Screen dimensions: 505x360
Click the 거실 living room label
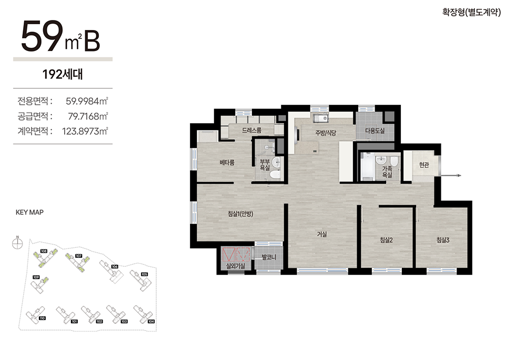click(x=322, y=234)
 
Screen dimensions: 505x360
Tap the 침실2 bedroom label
click(x=386, y=240)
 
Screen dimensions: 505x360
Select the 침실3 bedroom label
click(x=443, y=240)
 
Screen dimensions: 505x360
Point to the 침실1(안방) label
click(x=240, y=214)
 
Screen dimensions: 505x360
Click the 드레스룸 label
click(x=251, y=131)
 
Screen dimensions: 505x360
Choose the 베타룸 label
click(x=227, y=163)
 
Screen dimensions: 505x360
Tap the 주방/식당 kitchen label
click(x=326, y=133)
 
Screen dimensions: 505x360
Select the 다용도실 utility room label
click(x=375, y=131)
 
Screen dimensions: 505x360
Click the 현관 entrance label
click(x=424, y=165)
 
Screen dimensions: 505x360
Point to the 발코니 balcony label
click(x=269, y=257)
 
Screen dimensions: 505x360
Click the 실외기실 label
click(x=236, y=266)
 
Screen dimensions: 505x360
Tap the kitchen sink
click(x=321, y=118)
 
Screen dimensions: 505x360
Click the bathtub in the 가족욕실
click(x=367, y=166)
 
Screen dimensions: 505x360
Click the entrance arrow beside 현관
click(x=451, y=176)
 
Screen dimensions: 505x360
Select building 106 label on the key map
click(x=115, y=267)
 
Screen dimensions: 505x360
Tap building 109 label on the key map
click(x=36, y=277)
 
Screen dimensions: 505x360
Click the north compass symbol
click(x=17, y=243)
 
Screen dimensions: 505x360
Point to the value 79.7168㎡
click(x=88, y=116)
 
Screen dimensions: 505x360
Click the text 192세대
click(x=63, y=74)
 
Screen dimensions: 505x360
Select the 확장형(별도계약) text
click(x=472, y=12)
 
